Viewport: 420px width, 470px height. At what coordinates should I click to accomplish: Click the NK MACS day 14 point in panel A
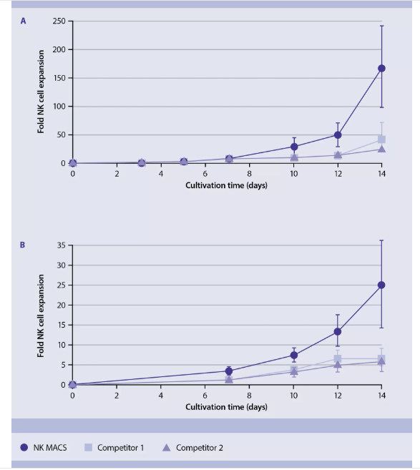381,69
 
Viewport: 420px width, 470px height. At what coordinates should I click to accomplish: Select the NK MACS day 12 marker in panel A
338,135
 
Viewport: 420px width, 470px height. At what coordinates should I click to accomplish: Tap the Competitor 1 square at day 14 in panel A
381,139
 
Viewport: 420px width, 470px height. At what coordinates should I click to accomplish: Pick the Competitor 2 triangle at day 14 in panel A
381,149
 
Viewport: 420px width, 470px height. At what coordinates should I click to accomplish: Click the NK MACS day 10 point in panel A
294,147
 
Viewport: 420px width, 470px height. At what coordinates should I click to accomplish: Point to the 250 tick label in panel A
59,21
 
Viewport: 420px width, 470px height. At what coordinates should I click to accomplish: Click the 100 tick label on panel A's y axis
59,107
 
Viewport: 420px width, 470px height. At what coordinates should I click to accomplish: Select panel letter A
23,21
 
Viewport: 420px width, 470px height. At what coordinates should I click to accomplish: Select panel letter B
22,245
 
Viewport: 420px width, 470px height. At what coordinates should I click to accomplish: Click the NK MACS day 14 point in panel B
381,285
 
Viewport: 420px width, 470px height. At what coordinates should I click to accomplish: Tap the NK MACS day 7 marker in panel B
229,371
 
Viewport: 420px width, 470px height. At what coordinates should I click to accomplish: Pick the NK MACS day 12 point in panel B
338,331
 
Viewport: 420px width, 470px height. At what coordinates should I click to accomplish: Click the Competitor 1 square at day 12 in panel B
338,358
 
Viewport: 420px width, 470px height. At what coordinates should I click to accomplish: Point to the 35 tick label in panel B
61,245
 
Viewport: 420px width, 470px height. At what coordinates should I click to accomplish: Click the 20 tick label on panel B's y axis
61,305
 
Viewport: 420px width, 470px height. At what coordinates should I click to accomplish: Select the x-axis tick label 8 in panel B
250,396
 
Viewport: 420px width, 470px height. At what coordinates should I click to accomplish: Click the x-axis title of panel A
226,185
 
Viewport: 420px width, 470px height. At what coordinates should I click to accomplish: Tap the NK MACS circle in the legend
24,448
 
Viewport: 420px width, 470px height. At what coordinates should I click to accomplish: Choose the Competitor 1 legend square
88,448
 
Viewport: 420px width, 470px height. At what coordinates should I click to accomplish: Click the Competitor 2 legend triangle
167,448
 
